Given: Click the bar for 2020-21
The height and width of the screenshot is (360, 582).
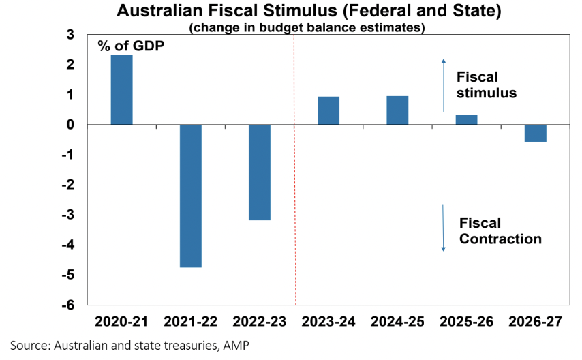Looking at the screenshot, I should point(121,90).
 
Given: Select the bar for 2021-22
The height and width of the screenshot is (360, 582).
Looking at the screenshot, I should point(191,196).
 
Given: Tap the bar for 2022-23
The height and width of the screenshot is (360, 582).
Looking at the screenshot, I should point(260,172).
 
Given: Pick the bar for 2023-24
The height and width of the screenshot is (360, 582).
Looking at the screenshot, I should point(328,110).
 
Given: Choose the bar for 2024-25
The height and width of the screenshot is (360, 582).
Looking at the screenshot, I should point(397,110).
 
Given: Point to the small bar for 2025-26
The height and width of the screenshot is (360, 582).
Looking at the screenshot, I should point(466,120).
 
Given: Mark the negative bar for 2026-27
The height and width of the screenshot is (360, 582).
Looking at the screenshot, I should point(535,133).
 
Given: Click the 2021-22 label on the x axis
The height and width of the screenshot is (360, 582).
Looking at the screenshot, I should point(191,320).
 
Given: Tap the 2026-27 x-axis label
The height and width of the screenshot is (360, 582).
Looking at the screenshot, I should point(536,320).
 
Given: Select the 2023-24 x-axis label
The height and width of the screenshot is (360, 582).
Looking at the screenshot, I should point(328,320).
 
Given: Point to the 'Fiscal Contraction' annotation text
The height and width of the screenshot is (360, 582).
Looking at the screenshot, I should point(500,230).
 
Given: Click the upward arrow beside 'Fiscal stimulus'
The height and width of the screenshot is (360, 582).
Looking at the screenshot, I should point(443,85).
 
